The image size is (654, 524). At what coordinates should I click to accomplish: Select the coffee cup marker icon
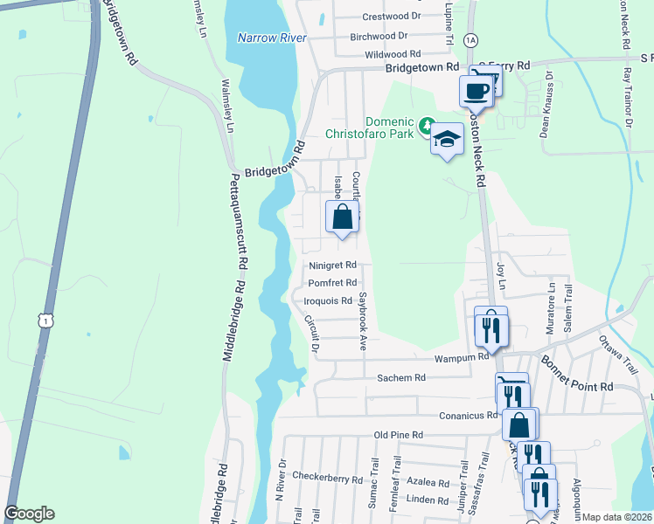476,90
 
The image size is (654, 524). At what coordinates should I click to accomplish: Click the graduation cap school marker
447,140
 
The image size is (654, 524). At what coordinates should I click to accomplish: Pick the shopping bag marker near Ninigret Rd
343,217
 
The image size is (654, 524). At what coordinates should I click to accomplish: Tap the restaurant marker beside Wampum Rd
491,329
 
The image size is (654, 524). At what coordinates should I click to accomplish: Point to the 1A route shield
471,40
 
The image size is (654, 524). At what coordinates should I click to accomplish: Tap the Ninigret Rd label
332,265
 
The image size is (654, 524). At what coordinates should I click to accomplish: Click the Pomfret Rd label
332,283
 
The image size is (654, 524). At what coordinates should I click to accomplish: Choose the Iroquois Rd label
328,300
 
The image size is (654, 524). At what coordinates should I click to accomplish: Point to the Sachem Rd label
400,378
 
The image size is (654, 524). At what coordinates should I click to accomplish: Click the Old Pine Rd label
398,435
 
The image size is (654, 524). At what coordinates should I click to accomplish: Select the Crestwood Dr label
392,17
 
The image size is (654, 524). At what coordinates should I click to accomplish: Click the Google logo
29,514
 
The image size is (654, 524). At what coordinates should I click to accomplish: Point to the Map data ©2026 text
617,517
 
